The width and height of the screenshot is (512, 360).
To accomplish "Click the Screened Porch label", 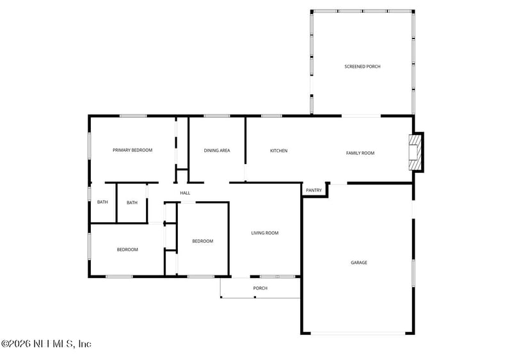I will click(362, 67).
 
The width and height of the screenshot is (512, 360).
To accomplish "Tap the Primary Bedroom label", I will click(132, 150).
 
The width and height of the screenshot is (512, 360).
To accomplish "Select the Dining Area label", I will click(217, 151).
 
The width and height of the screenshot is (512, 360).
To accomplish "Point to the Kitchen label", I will click(278, 151).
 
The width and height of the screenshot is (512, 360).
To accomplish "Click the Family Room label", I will click(360, 153).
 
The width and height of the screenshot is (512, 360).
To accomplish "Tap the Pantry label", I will click(314, 190).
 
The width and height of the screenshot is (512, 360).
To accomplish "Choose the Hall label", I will click(185, 193).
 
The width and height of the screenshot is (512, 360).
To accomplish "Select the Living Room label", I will click(264, 233).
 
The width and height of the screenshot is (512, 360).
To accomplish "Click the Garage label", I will click(358, 263).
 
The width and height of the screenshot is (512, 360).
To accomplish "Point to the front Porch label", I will click(260, 288).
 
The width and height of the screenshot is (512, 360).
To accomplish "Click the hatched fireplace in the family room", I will click(417, 152).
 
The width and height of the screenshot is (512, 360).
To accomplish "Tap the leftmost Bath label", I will click(102, 202).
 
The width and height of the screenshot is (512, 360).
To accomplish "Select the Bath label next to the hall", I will click(132, 202).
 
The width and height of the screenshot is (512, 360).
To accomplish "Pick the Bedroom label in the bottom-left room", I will click(127, 250).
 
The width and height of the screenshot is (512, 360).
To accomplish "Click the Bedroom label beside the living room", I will click(203, 241).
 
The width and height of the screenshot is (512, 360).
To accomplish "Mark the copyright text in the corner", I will click(46, 344).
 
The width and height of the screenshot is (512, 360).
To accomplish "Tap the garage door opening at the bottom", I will click(358, 333).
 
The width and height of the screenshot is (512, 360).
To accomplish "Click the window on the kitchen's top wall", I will click(271, 116).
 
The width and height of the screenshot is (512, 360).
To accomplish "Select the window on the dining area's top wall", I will click(217, 116).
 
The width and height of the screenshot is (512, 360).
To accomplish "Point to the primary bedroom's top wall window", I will click(133, 116).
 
